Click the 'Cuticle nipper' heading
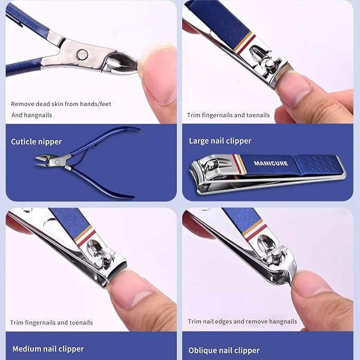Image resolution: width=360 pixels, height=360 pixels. [x=37, y=142]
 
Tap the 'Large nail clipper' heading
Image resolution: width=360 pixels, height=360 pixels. [x=220, y=141]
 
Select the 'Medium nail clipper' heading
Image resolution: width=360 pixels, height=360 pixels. [x=48, y=349]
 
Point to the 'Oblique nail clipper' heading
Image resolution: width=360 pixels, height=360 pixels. [x=224, y=350]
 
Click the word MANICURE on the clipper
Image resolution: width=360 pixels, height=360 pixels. [x=270, y=163]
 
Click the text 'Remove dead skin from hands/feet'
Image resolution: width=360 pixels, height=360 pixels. [x=61, y=104]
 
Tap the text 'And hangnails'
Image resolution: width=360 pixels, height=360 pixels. [x=31, y=115]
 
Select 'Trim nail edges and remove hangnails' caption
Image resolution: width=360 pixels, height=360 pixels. [x=242, y=321]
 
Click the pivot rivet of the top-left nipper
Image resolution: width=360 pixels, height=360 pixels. [x=82, y=54]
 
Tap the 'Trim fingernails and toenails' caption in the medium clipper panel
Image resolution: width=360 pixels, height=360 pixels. [x=51, y=322]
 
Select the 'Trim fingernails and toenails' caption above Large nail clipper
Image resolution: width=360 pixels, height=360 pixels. [x=228, y=115]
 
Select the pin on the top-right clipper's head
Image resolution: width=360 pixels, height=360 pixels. [x=270, y=63]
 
